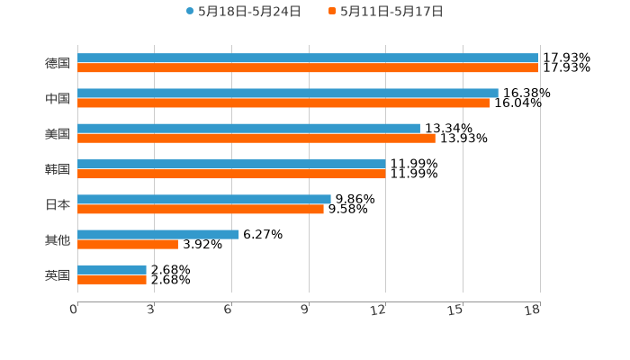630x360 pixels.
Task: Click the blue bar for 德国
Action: click(x=308, y=58)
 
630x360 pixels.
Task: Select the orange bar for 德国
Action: click(x=308, y=68)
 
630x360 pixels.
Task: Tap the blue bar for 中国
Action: click(x=288, y=94)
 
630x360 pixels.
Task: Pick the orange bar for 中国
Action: click(x=284, y=103)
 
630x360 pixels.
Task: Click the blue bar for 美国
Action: click(x=249, y=129)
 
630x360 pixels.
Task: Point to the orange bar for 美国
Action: click(x=256, y=139)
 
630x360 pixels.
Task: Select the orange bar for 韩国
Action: click(x=231, y=174)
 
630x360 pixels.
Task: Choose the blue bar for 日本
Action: click(x=204, y=199)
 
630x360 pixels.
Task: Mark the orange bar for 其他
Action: click(x=128, y=244)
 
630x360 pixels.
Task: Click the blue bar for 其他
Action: click(x=158, y=234)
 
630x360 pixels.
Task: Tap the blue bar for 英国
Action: click(x=112, y=269)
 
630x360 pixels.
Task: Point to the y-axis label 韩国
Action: click(x=58, y=169)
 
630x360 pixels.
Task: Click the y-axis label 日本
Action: click(x=58, y=204)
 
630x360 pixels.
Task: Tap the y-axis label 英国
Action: click(x=58, y=274)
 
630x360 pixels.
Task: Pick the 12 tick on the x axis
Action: click(x=379, y=310)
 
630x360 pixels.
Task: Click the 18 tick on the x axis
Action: click(x=533, y=310)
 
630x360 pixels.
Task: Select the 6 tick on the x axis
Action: click(x=229, y=310)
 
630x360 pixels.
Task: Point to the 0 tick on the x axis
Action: click(x=74, y=310)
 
